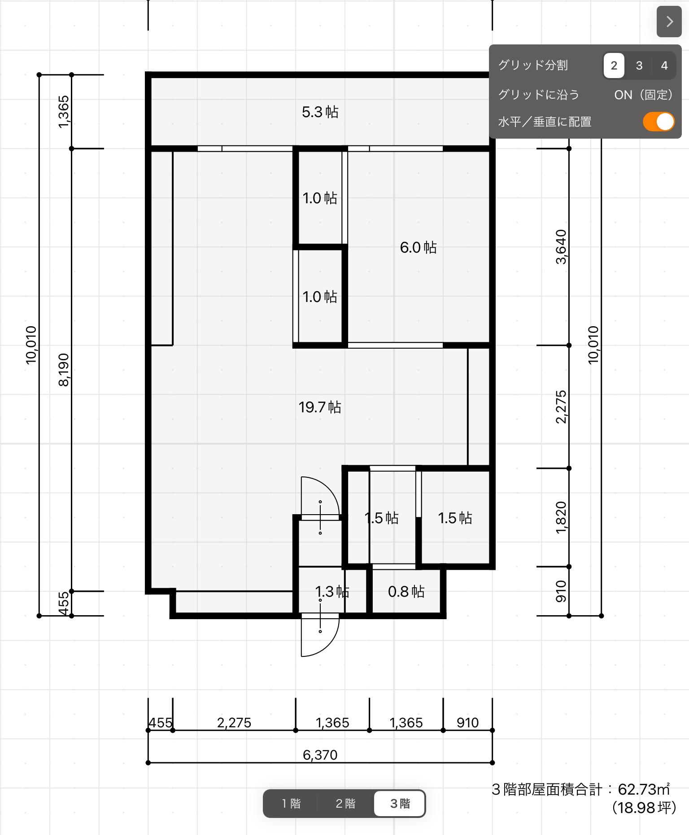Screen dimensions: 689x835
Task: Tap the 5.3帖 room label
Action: click(320, 112)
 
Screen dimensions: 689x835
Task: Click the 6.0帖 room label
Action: click(418, 247)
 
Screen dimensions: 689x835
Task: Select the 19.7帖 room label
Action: click(320, 407)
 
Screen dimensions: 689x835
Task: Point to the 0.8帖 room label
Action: click(406, 591)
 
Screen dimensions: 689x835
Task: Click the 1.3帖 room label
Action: click(332, 591)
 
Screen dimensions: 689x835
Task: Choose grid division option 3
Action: click(639, 66)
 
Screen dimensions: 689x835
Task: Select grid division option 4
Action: click(664, 66)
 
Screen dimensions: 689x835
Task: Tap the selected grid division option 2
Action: click(614, 66)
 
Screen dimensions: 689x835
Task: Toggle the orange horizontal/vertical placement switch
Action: click(658, 122)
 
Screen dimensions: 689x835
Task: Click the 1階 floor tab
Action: click(291, 803)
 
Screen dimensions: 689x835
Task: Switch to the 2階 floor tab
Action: click(345, 803)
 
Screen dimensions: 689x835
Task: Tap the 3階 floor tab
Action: click(399, 803)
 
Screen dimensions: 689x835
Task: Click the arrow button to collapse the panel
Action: click(669, 22)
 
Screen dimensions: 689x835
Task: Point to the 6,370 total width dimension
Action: click(320, 755)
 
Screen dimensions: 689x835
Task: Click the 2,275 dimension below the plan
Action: click(234, 722)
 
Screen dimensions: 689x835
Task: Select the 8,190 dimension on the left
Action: click(64, 370)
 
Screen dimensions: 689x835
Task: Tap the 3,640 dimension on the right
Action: click(561, 247)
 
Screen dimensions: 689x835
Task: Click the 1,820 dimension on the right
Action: click(561, 517)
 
